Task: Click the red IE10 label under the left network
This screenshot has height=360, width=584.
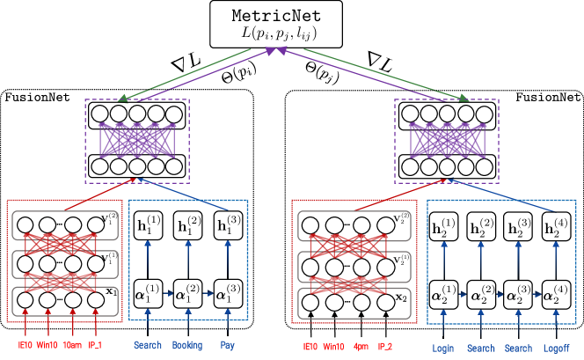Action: coord(26,346)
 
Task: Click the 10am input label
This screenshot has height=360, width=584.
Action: coord(72,346)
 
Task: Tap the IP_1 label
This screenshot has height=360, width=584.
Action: coord(95,346)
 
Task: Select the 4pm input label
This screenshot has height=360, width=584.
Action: coord(361,348)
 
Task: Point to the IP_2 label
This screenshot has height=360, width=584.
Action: coord(385,348)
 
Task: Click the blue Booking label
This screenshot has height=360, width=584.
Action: coord(187,346)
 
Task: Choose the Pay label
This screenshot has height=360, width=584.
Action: coord(228,346)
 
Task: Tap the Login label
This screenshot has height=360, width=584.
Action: coord(443,349)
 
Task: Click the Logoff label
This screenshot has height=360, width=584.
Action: coord(556,349)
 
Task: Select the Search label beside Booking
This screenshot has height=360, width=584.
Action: coord(148,346)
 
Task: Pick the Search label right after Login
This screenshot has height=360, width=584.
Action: coord(481,349)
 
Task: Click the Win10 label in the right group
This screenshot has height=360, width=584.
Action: coord(334,348)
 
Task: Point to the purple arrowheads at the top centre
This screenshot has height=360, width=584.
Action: coord(276,51)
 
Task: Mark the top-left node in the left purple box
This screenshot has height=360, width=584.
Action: coord(100,114)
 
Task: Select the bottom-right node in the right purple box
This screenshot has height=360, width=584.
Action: coord(485,167)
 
